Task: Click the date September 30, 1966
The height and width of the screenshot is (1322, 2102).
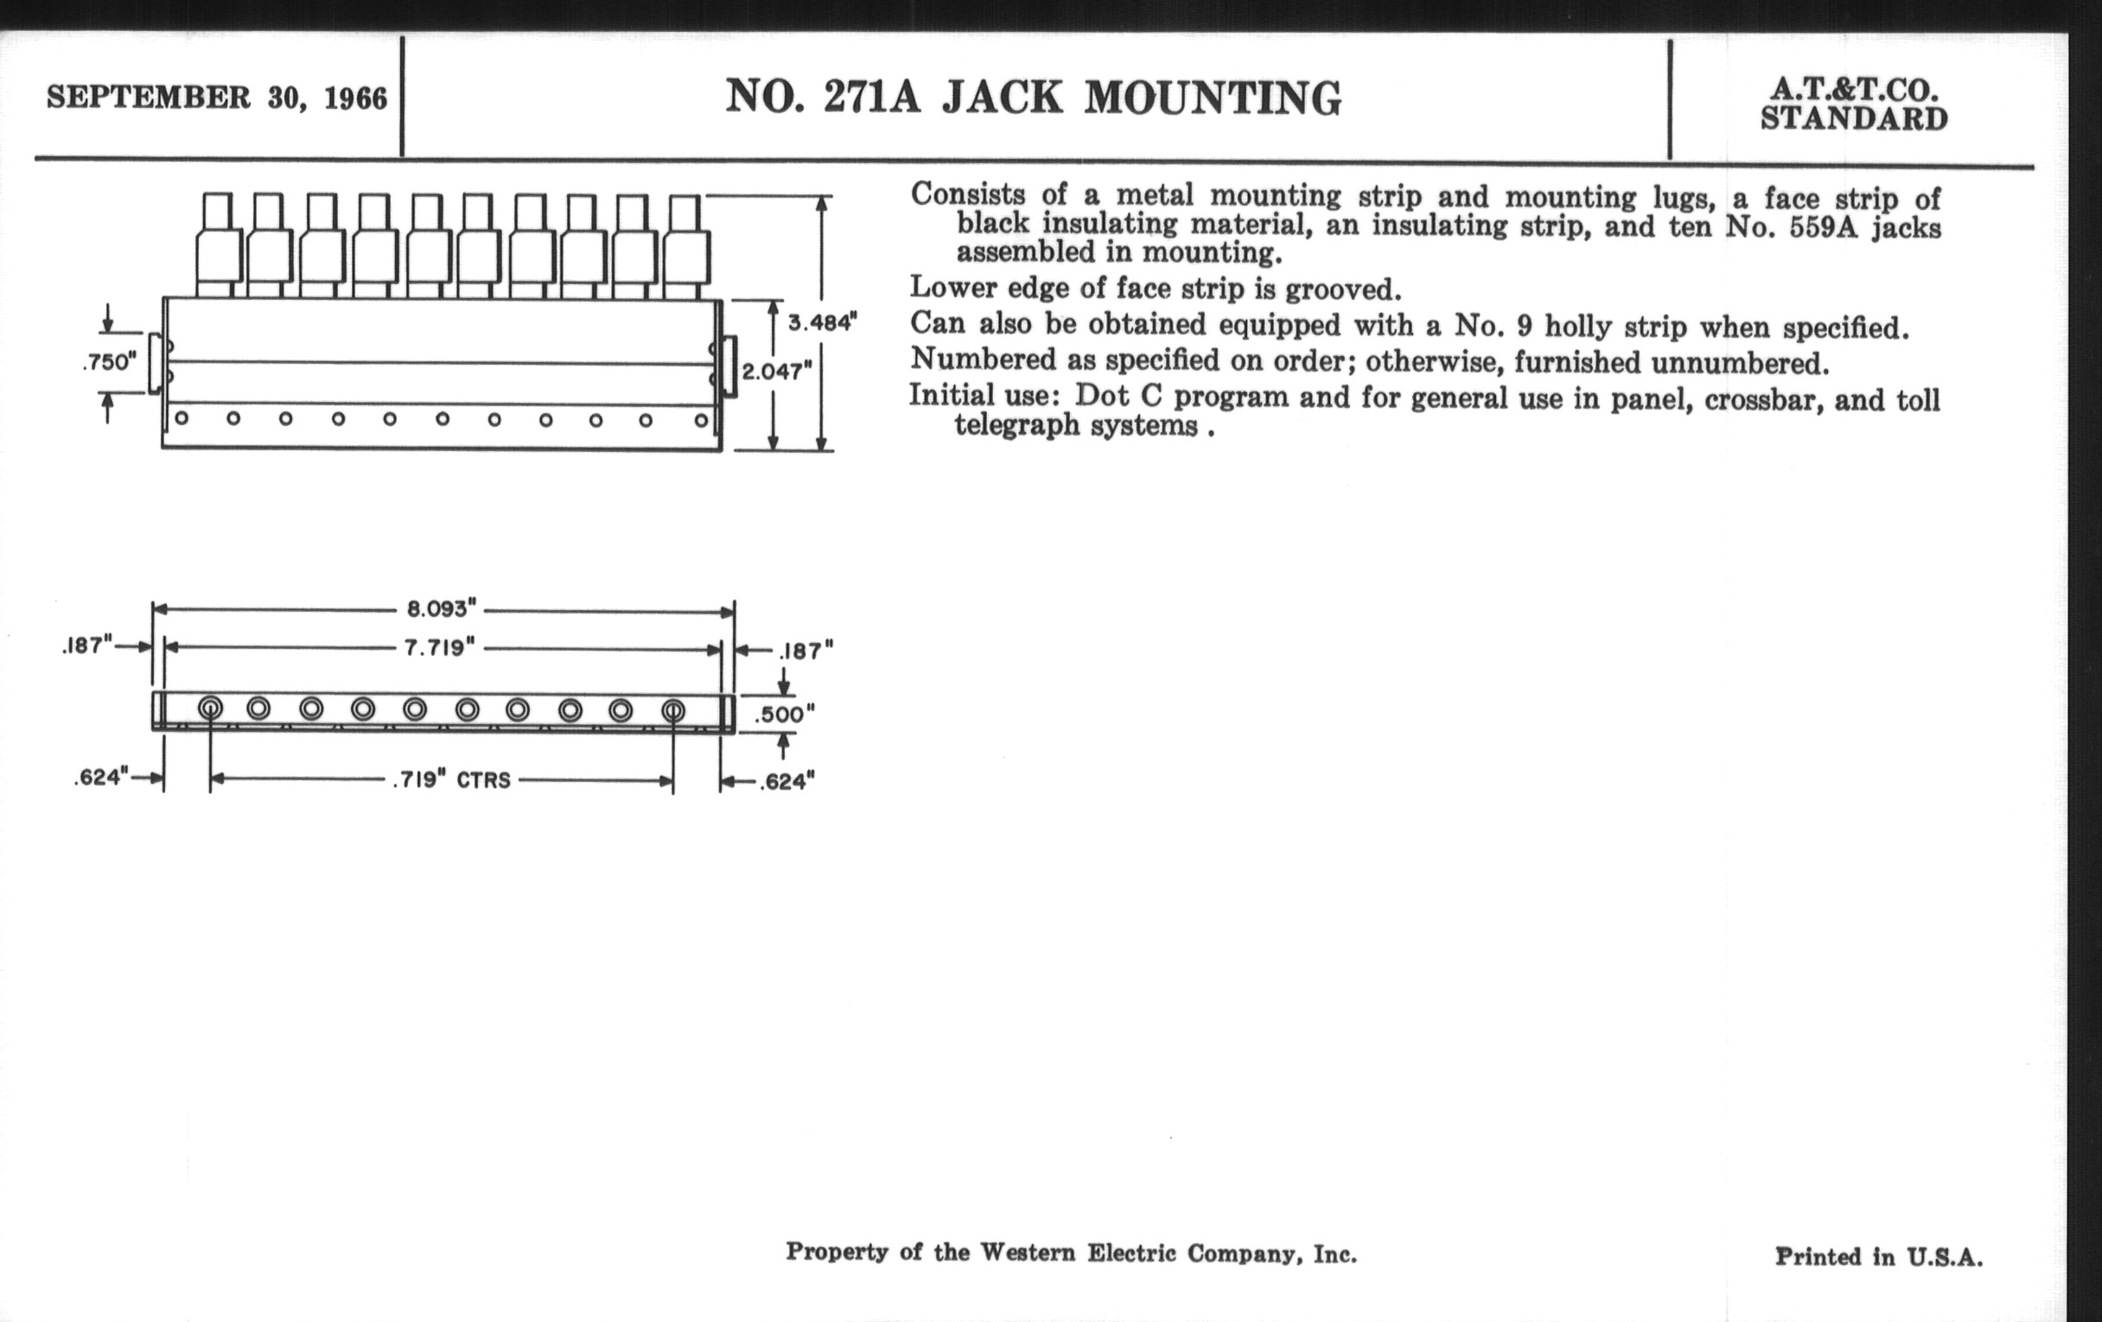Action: click(x=216, y=98)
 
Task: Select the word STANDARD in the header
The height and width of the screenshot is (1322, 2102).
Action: click(x=1853, y=118)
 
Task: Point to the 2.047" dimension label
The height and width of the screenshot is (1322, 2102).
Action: click(x=777, y=372)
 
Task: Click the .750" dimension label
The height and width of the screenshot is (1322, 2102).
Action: click(x=110, y=361)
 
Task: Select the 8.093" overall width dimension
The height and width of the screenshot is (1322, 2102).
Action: click(x=442, y=608)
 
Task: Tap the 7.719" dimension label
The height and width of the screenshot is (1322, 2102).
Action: click(x=439, y=647)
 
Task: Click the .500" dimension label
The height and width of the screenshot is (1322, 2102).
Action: click(x=784, y=715)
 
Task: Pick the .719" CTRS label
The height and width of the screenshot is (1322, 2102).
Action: click(x=451, y=779)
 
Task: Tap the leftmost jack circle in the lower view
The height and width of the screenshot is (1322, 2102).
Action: click(x=209, y=709)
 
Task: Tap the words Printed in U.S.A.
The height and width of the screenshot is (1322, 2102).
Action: click(x=1878, y=1256)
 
